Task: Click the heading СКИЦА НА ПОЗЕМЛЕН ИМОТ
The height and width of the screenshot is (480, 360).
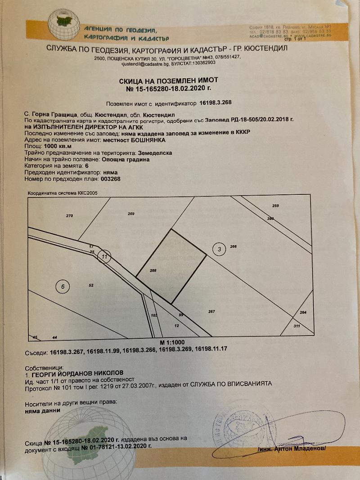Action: pos(180,81)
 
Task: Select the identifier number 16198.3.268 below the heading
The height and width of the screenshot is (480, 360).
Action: pos(216,103)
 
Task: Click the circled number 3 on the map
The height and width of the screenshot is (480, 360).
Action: pos(219,249)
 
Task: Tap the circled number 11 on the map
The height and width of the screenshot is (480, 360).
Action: pos(105,256)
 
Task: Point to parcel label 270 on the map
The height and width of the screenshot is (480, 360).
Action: pos(69,216)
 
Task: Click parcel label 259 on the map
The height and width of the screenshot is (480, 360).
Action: pos(276,206)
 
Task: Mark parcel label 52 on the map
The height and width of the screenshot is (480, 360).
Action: pos(91,285)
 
